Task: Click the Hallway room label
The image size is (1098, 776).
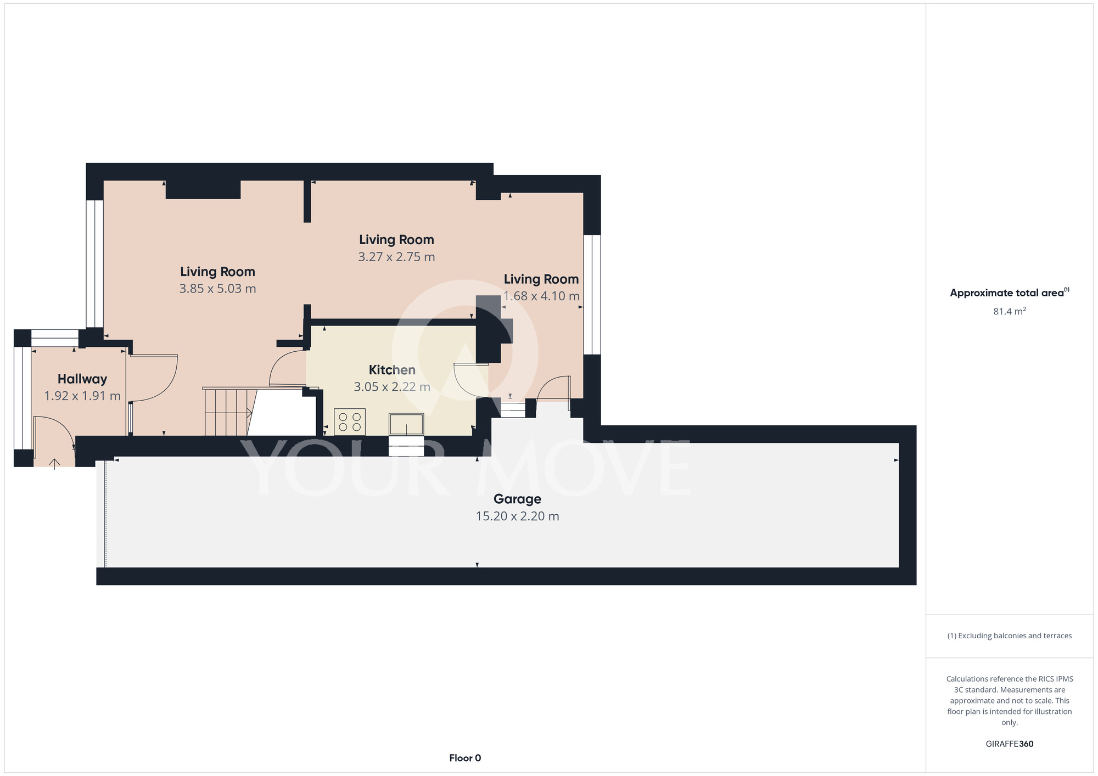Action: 82,379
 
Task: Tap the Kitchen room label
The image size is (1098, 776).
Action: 392,370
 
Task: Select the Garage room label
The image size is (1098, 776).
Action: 517,499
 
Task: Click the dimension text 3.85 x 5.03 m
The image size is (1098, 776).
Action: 217,289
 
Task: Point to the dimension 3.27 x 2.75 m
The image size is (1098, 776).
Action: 396,257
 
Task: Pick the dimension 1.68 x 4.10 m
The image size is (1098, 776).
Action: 541,296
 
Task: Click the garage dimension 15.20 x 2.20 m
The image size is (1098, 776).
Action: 517,516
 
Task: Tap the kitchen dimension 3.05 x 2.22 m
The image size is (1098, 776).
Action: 392,387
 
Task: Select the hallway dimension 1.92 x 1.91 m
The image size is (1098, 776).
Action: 82,396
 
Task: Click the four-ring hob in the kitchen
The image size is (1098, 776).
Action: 350,422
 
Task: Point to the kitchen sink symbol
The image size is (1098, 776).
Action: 406,424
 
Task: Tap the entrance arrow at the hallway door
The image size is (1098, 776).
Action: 54,464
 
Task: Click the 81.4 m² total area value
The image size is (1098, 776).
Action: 1010,311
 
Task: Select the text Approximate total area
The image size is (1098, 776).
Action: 1007,293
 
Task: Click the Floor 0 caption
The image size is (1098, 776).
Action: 465,758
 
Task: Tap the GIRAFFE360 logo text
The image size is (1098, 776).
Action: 1010,744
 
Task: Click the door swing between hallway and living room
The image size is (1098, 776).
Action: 153,379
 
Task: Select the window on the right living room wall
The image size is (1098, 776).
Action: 592,295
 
